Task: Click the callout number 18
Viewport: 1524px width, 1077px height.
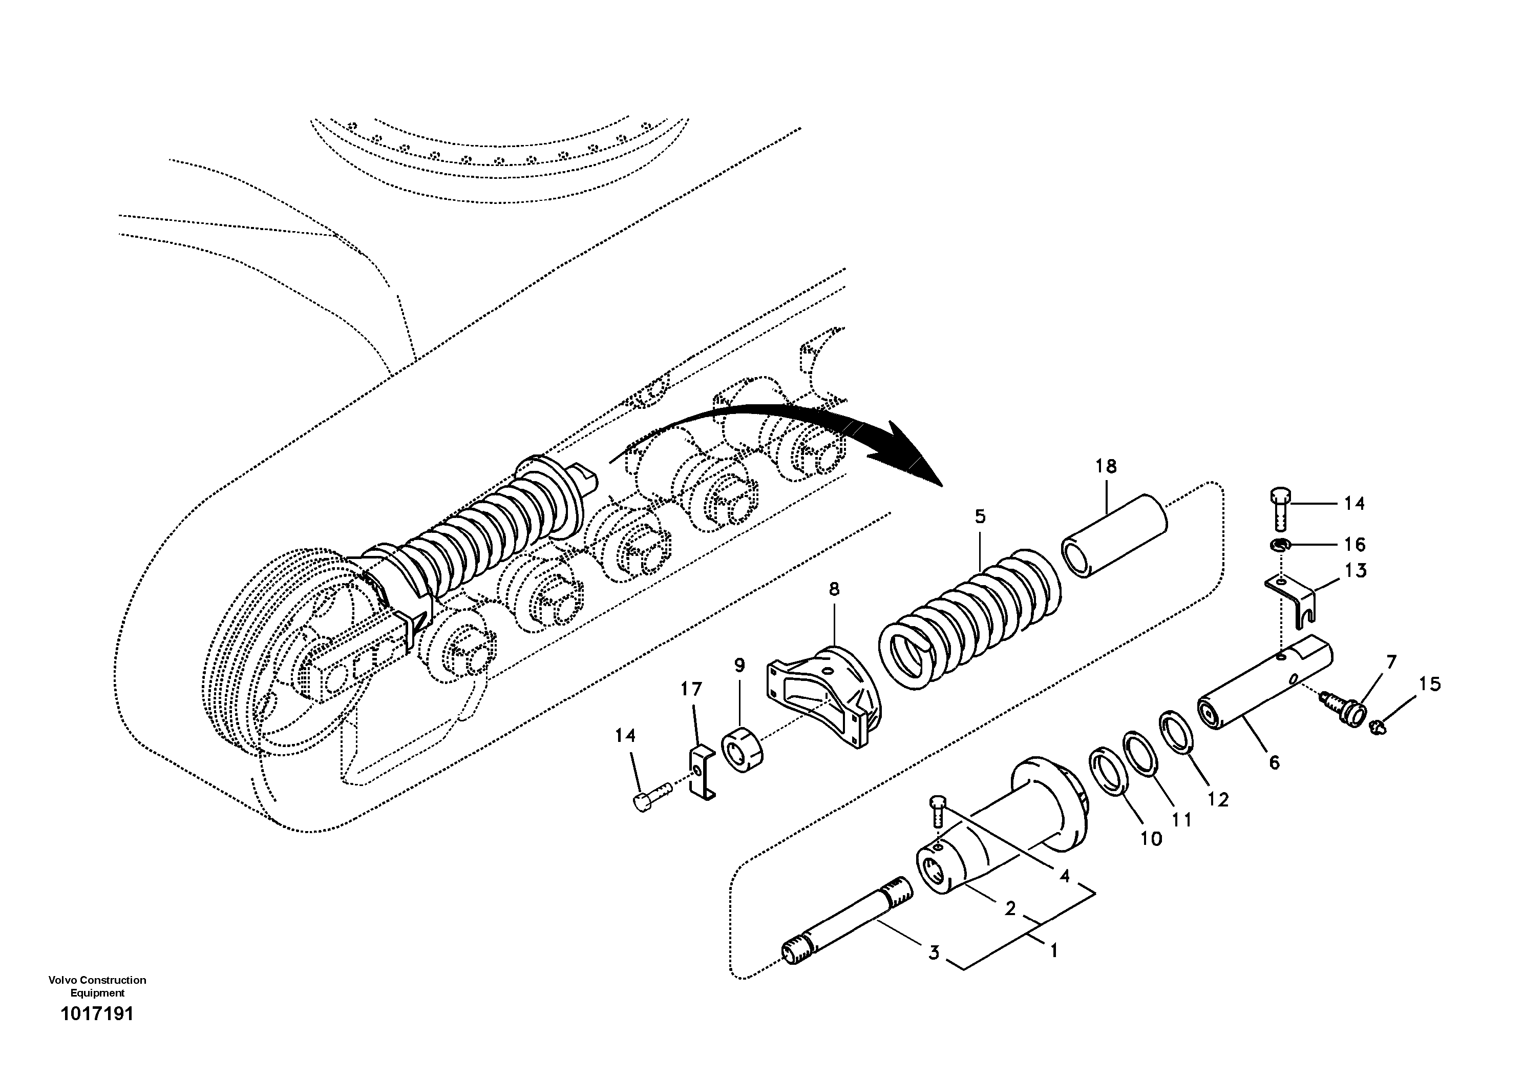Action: (x=1106, y=467)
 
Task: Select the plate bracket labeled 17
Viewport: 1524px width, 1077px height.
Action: (x=700, y=773)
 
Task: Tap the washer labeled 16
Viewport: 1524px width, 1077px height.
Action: (x=1279, y=545)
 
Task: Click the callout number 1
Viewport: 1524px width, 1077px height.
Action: (x=1053, y=951)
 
